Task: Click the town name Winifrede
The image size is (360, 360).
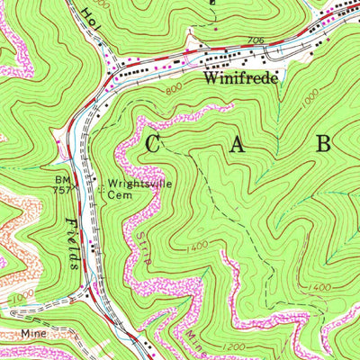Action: coord(237,78)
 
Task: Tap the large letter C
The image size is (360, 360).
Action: coord(154,142)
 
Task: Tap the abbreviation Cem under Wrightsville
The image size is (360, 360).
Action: coord(121,195)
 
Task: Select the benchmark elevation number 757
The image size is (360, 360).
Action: coord(58,191)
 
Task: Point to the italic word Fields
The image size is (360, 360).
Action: coord(72,242)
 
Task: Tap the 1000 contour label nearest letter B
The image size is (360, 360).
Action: coord(310,103)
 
